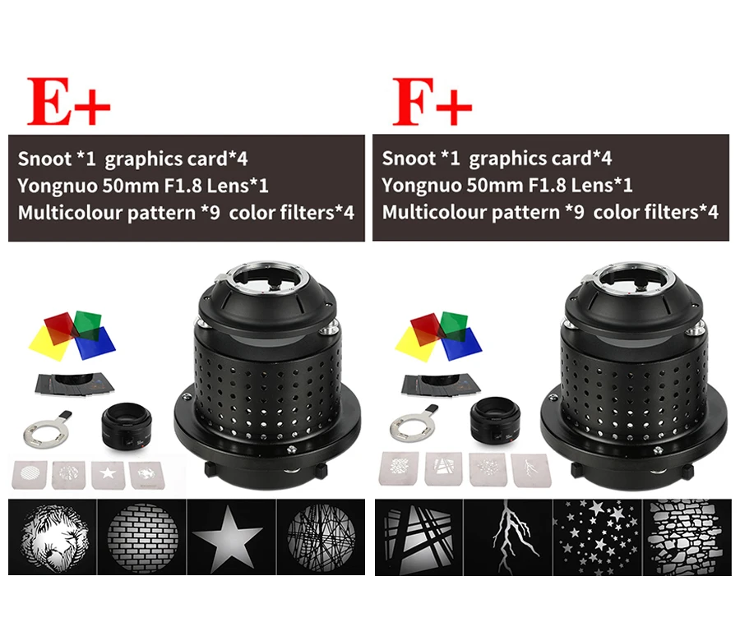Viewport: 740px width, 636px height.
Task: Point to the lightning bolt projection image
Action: (x=507, y=538)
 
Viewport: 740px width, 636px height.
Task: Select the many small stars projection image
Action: (x=596, y=538)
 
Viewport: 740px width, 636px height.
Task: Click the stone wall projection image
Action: (x=685, y=538)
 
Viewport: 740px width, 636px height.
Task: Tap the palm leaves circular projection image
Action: (x=52, y=538)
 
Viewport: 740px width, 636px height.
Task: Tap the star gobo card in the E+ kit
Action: (x=107, y=472)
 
